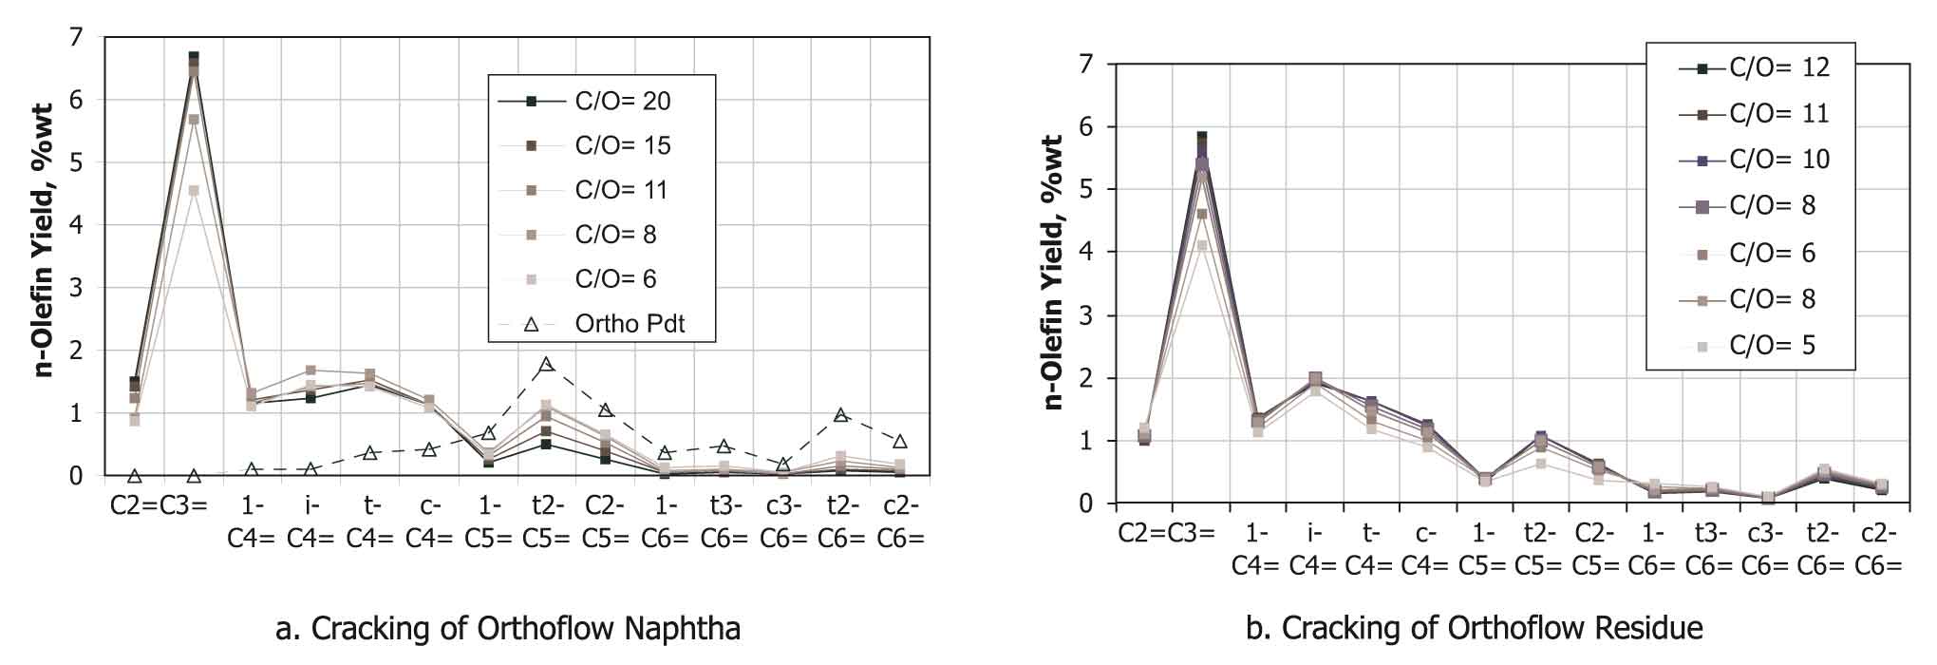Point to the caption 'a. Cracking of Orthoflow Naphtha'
507,628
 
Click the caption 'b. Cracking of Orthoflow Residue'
1474,628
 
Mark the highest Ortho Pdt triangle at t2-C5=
546,364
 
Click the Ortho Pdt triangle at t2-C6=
840,415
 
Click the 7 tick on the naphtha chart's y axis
76,38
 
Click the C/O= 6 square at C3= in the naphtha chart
194,191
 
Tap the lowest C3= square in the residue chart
1201,246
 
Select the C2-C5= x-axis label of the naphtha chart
605,522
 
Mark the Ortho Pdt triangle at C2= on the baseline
135,476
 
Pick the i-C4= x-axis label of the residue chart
1315,550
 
